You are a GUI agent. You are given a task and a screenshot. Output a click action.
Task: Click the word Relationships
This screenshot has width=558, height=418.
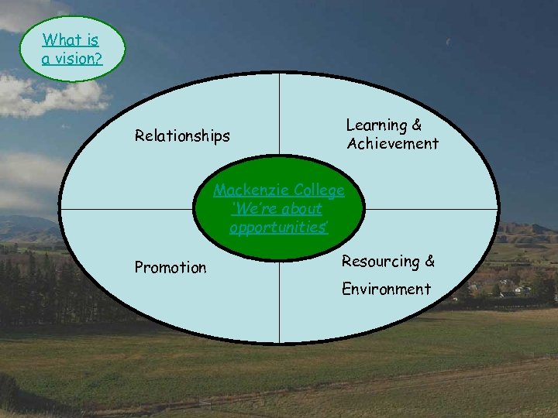[182, 136]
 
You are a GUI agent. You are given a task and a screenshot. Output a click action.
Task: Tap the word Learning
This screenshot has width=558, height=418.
[377, 125]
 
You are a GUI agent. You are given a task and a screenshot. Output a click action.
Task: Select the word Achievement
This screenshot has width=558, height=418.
[393, 143]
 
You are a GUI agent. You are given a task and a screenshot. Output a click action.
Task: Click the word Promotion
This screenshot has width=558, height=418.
[170, 268]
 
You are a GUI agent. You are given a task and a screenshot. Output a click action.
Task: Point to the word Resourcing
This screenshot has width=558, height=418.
[380, 262]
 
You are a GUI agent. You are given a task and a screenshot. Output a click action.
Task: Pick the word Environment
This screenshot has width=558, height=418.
[387, 290]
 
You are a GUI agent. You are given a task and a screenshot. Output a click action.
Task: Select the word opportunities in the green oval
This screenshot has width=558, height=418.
[278, 228]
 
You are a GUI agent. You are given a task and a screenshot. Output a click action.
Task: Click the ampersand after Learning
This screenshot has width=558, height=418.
[417, 125]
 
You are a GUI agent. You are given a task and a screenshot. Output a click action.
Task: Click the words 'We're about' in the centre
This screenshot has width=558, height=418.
[277, 209]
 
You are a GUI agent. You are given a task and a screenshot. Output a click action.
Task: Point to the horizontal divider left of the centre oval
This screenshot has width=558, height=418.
[124, 209]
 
